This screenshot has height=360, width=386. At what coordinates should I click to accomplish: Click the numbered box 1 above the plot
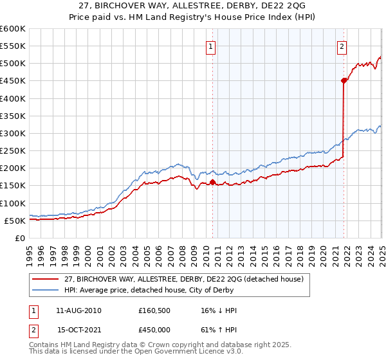click(x=211, y=46)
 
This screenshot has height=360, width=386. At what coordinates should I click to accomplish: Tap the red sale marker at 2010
click(x=212, y=182)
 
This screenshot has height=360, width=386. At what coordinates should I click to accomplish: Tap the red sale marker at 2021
click(x=344, y=81)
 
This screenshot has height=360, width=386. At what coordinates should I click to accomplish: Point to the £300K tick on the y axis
click(x=13, y=133)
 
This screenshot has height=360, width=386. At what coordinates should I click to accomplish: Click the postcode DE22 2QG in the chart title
click(x=274, y=6)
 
